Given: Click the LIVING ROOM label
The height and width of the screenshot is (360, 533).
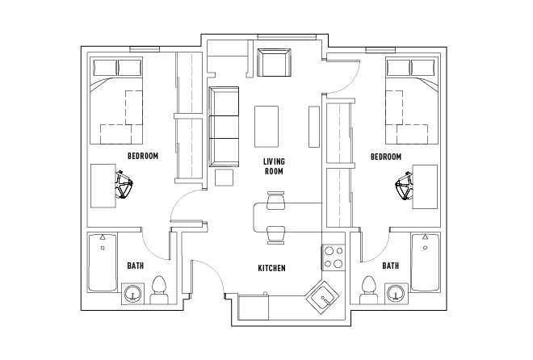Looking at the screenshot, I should coord(274,166).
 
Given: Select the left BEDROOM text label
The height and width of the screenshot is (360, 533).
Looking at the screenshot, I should coord(143,155).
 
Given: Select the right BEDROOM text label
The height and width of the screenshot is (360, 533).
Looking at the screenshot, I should coord(385,155).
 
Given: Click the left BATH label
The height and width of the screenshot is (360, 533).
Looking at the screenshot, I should coord(136,265).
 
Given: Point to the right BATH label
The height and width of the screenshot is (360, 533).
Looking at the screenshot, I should coord(390,265).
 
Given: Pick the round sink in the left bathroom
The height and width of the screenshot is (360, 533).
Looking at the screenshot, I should coord(132,293).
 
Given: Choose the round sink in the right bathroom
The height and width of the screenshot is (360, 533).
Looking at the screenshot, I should coord(395,293).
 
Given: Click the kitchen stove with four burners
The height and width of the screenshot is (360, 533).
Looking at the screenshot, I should coord(334,257).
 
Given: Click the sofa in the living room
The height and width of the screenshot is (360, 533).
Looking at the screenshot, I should coord(225,126).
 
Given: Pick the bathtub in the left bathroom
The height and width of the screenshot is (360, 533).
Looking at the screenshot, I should coord(101,262).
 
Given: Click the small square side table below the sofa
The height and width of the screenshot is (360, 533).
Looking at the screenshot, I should coord(224,177).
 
